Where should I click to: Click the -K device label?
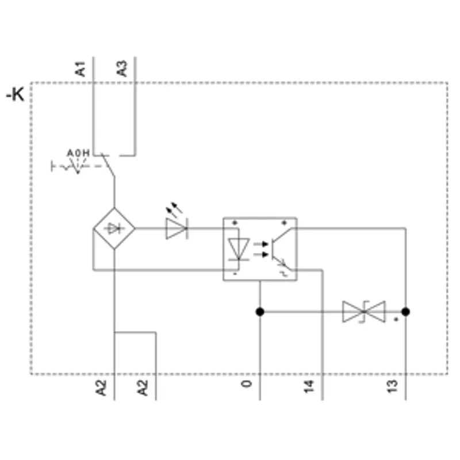(16, 94)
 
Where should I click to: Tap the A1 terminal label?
(80, 69)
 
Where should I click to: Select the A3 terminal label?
(122, 68)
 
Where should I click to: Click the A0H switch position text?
(78, 153)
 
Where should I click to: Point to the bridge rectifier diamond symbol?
(114, 228)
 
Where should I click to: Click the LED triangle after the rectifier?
(177, 228)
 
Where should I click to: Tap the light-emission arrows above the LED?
(174, 209)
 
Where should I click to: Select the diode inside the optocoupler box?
(239, 249)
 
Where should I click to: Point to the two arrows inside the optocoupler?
(261, 249)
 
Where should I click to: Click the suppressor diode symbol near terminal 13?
(364, 312)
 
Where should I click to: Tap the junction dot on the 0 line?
(260, 312)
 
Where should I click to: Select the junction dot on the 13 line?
(406, 312)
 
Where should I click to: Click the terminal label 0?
(247, 384)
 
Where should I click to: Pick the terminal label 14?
(309, 386)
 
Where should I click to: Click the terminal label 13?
(392, 386)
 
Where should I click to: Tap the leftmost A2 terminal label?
(101, 388)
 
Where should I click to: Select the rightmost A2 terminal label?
(143, 388)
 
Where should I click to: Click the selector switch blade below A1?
(108, 165)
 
